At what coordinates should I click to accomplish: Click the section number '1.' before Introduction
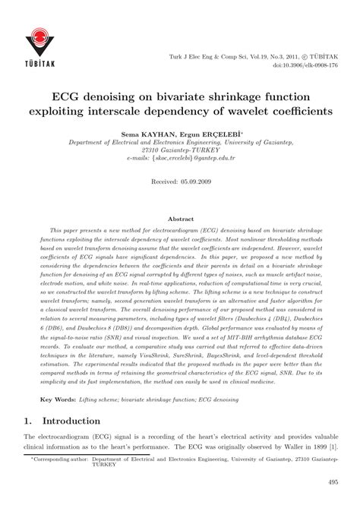(x=30, y=420)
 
